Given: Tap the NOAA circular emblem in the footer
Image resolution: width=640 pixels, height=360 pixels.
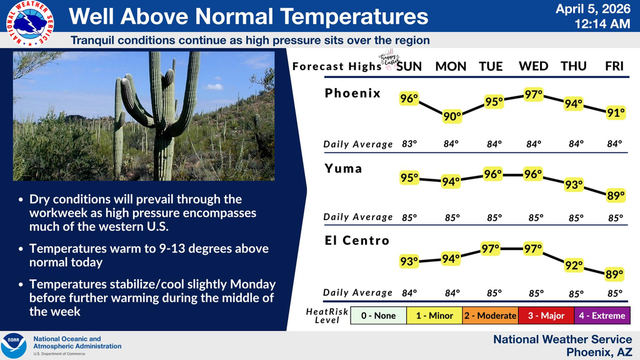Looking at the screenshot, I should point(14,346).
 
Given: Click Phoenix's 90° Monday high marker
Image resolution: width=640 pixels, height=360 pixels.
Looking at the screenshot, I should point(452,116).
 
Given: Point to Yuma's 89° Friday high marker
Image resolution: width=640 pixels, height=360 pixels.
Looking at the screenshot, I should point(616,196).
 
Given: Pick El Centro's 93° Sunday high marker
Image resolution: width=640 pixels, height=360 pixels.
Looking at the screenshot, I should point(409,262).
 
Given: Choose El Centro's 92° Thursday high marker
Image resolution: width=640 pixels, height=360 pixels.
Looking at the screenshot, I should point(573,265).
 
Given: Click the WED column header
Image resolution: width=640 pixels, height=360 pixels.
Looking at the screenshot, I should point(533,66).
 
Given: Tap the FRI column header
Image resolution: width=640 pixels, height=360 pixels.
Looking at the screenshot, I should point(614,66).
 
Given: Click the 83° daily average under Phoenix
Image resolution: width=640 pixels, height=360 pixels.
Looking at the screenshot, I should point(409,144).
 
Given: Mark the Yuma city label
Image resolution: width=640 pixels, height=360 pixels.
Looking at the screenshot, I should point(343,168).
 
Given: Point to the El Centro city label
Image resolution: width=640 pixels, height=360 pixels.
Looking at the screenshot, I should point(357,241).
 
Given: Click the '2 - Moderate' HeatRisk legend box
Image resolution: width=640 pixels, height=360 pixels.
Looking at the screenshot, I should point(490,316).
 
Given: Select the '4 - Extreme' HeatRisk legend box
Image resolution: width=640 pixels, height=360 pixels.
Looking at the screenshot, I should point(602,316).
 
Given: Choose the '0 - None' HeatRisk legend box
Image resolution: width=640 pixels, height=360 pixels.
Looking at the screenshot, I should point(378,316).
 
